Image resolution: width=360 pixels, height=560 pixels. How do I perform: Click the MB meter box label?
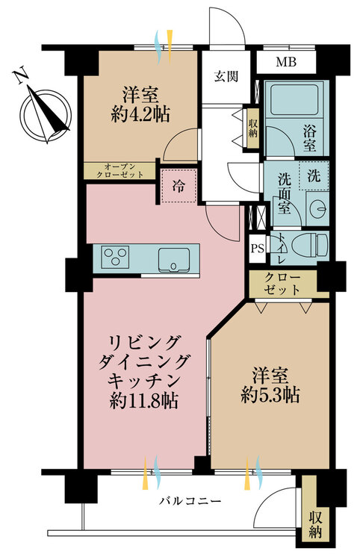pyautogui.click(x=286, y=62)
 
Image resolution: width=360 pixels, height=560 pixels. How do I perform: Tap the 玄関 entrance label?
pyautogui.click(x=226, y=76)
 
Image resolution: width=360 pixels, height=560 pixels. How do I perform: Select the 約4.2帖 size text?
pyautogui.click(x=140, y=114)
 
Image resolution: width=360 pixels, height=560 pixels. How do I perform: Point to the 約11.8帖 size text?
pyautogui.click(x=144, y=401)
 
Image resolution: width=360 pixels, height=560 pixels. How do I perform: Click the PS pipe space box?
pyautogui.click(x=257, y=248)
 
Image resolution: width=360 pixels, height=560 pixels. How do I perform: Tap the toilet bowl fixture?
pyautogui.click(x=310, y=246)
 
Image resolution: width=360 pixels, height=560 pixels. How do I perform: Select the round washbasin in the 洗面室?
pyautogui.click(x=318, y=205)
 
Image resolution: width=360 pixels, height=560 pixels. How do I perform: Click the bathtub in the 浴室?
pyautogui.click(x=294, y=98)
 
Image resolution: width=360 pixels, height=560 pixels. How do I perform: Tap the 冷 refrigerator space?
pyautogui.click(x=179, y=186)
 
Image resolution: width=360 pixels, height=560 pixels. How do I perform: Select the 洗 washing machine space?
pyautogui.click(x=314, y=175)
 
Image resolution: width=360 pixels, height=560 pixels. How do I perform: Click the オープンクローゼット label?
pyautogui.click(x=120, y=171)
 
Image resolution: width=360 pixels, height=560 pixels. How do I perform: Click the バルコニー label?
pyautogui.click(x=190, y=501)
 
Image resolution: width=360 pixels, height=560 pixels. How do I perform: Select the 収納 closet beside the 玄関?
pyautogui.click(x=253, y=128)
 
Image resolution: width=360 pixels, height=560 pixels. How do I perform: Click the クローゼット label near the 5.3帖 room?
pyautogui.click(x=282, y=284)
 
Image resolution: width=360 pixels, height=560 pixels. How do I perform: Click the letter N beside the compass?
pyautogui.click(x=20, y=75)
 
